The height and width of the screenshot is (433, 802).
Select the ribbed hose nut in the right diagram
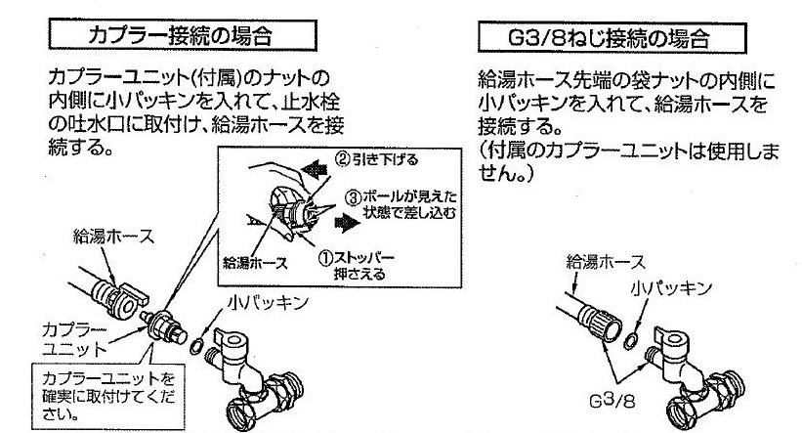598,315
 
